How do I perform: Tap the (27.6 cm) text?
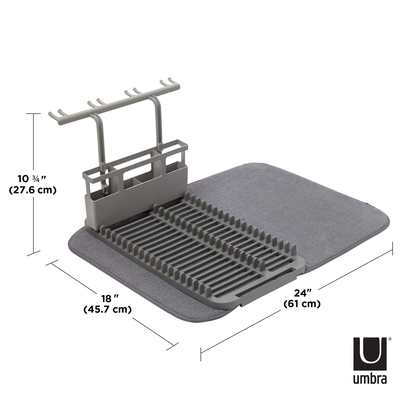[x=32, y=190]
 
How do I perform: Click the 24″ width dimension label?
[x=303, y=292]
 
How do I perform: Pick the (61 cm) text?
[x=302, y=304]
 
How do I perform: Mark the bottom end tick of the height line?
[x=34, y=253]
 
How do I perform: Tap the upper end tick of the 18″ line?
[x=51, y=264]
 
